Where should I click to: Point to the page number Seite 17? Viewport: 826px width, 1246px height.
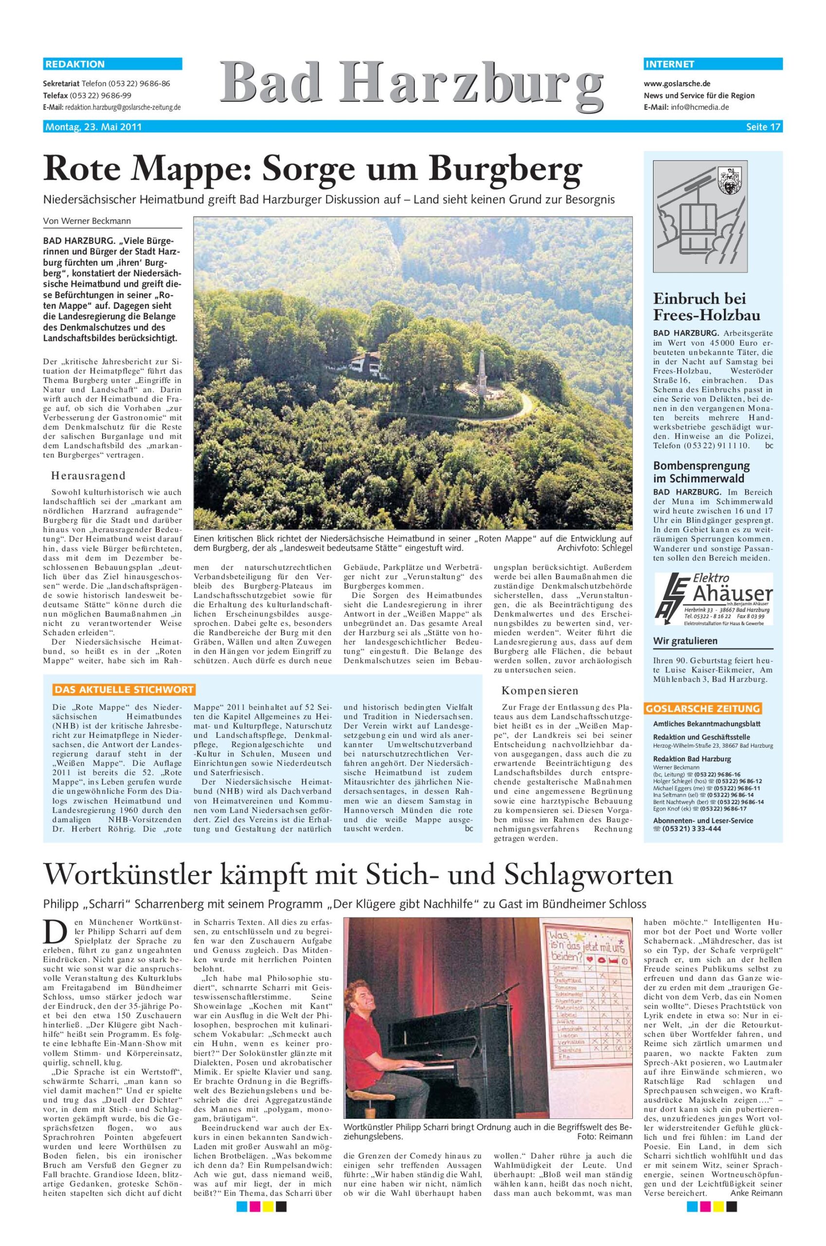(763, 127)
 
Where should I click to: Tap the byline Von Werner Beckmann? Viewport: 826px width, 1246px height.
(87, 221)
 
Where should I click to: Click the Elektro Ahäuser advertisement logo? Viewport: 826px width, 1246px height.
(713, 599)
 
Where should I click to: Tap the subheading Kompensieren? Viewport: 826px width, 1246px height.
(539, 690)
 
